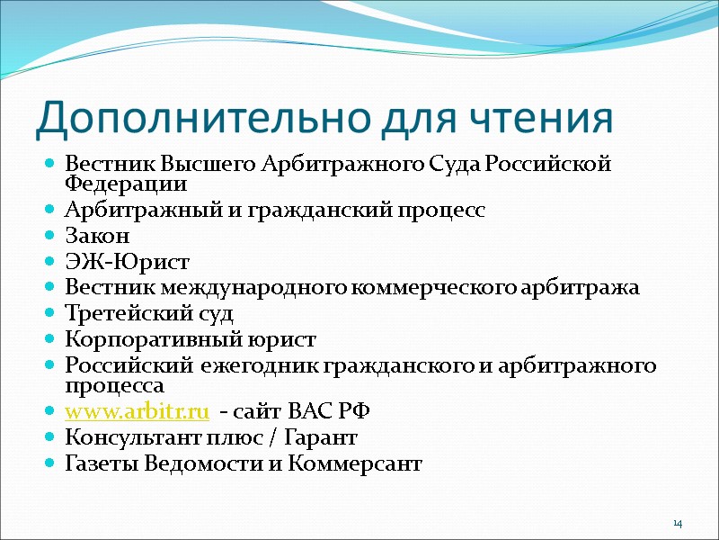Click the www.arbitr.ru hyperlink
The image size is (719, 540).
click(138, 411)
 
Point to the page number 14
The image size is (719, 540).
click(678, 524)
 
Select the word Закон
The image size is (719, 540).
click(98, 237)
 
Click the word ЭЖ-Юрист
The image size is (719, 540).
click(128, 263)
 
